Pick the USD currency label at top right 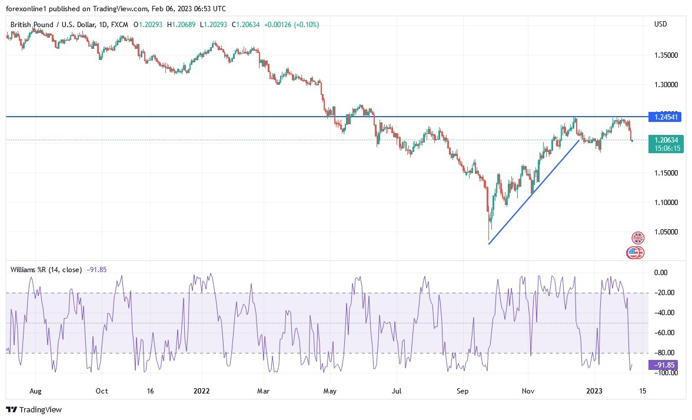coord(660,24)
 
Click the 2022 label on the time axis coord(202,391)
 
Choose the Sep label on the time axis coord(463,391)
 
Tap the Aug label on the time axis coord(35,391)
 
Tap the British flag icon coord(638,239)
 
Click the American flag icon coord(634,253)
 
